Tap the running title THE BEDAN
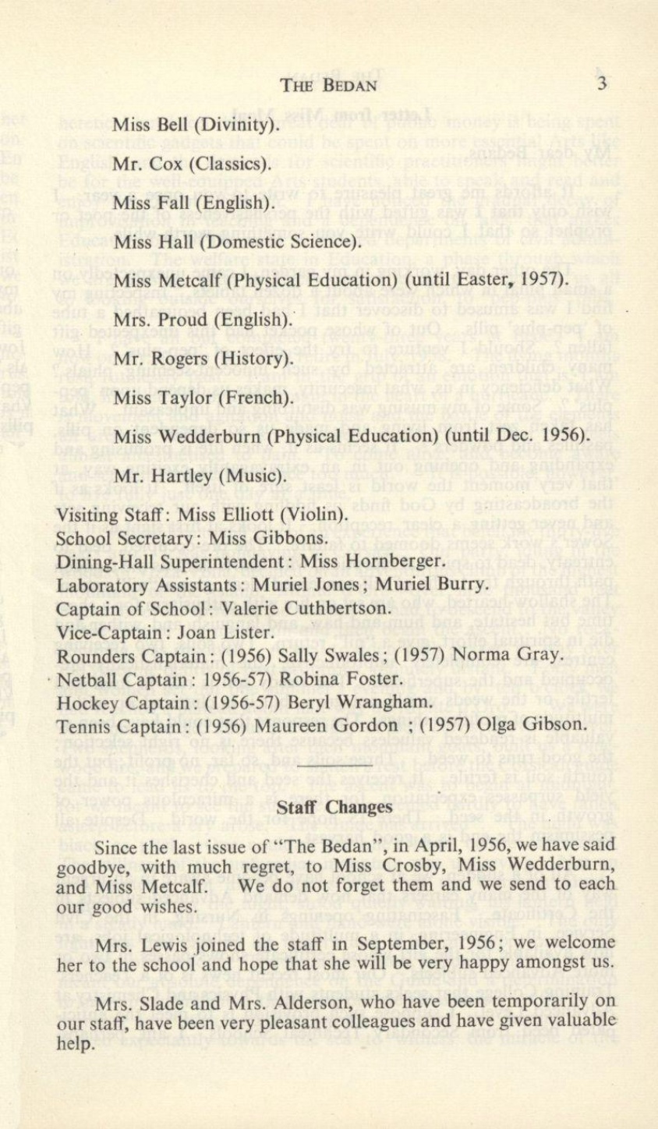tap(329, 86)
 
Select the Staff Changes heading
tap(335, 807)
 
